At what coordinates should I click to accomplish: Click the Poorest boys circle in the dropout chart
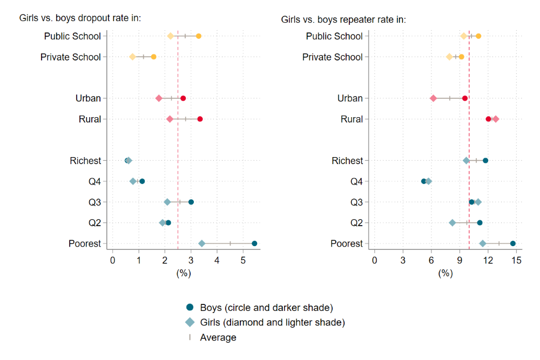(x=254, y=243)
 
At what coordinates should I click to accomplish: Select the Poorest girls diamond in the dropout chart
(x=202, y=243)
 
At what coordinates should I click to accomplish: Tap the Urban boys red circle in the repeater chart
(x=465, y=98)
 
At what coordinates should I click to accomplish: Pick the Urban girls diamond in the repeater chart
(x=433, y=98)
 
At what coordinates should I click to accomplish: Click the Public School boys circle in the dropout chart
(x=199, y=36)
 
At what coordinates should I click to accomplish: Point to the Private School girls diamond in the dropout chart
(x=133, y=57)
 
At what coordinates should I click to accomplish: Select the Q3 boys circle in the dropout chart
(x=191, y=202)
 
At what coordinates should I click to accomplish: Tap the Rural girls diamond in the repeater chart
(x=496, y=119)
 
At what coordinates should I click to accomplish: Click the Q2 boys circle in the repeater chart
(x=480, y=222)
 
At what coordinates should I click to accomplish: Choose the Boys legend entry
(x=259, y=308)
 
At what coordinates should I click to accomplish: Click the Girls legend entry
(x=265, y=323)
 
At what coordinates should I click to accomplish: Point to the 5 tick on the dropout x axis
(x=243, y=261)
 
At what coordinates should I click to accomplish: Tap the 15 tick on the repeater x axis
(x=517, y=261)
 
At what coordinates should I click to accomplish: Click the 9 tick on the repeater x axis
(x=460, y=261)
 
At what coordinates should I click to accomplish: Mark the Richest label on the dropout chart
(x=85, y=160)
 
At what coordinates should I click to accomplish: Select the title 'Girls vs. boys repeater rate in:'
(x=343, y=20)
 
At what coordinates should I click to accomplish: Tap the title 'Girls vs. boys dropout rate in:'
(x=80, y=18)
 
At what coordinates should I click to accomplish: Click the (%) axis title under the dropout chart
(x=184, y=273)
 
